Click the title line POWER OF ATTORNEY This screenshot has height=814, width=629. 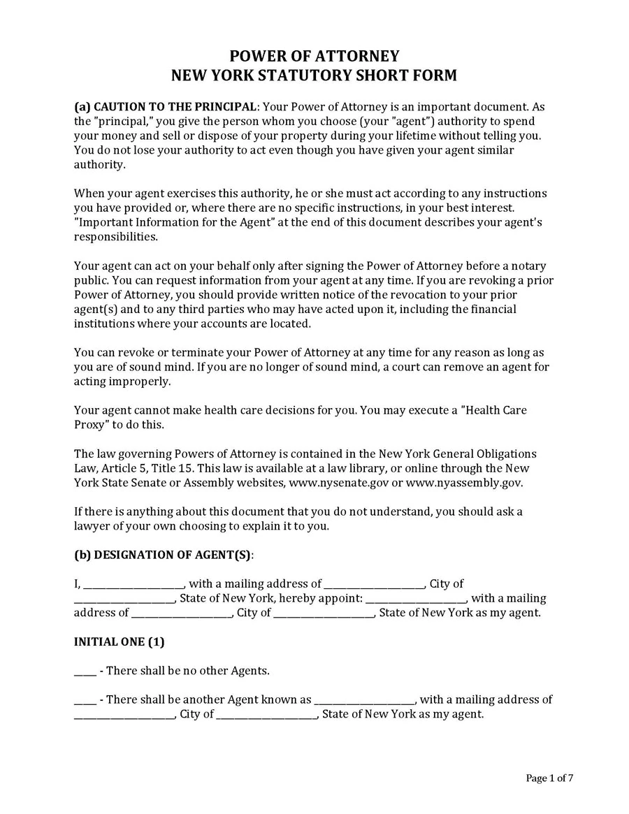[314, 57]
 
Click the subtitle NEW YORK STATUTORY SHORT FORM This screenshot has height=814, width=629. [314, 75]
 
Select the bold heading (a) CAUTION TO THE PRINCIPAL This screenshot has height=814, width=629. [166, 107]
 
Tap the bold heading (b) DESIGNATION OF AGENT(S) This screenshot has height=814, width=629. [164, 555]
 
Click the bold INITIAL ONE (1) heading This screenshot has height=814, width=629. [119, 641]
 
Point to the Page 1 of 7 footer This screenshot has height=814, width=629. [549, 778]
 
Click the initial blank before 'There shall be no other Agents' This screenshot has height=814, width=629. [85, 671]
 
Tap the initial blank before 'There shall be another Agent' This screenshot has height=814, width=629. [85, 700]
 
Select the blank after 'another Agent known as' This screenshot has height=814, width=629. [365, 700]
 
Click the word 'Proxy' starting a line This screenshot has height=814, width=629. [91, 424]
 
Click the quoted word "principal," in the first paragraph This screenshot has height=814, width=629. [123, 122]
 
